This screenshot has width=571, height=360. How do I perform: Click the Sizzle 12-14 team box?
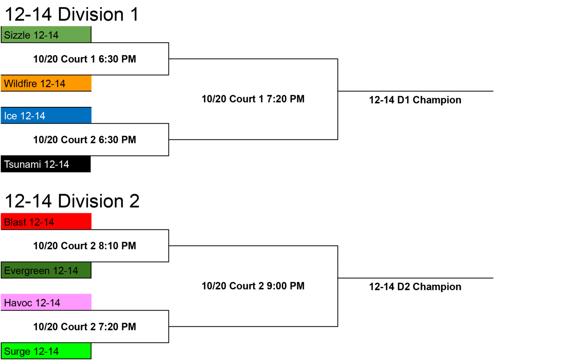click(46, 35)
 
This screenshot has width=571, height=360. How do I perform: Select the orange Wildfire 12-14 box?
click(46, 83)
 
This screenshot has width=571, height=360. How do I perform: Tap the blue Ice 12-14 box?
click(46, 115)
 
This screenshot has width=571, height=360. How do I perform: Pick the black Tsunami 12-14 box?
click(46, 164)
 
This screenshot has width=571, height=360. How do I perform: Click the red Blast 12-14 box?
click(46, 221)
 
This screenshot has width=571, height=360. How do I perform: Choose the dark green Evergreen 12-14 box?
click(46, 270)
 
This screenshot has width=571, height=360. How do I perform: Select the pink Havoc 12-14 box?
click(46, 302)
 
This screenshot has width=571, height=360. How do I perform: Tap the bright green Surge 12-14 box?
click(46, 351)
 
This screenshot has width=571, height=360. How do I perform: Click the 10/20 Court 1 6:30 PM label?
click(85, 59)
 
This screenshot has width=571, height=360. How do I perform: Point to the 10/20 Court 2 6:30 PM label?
click(85, 140)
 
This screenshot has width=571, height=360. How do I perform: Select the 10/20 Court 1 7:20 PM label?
click(253, 99)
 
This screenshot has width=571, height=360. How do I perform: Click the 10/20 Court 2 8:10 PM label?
click(85, 246)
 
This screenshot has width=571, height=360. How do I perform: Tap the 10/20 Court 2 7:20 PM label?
click(85, 327)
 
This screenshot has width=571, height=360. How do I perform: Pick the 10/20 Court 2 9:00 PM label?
click(253, 286)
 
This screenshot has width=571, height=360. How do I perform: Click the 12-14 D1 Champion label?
click(415, 100)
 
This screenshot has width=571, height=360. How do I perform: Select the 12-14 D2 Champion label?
click(415, 287)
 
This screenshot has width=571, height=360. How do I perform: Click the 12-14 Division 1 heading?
click(72, 14)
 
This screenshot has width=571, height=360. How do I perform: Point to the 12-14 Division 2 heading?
click(72, 201)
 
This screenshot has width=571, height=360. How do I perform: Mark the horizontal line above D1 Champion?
click(416, 91)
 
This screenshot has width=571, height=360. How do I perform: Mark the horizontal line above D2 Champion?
click(416, 278)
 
